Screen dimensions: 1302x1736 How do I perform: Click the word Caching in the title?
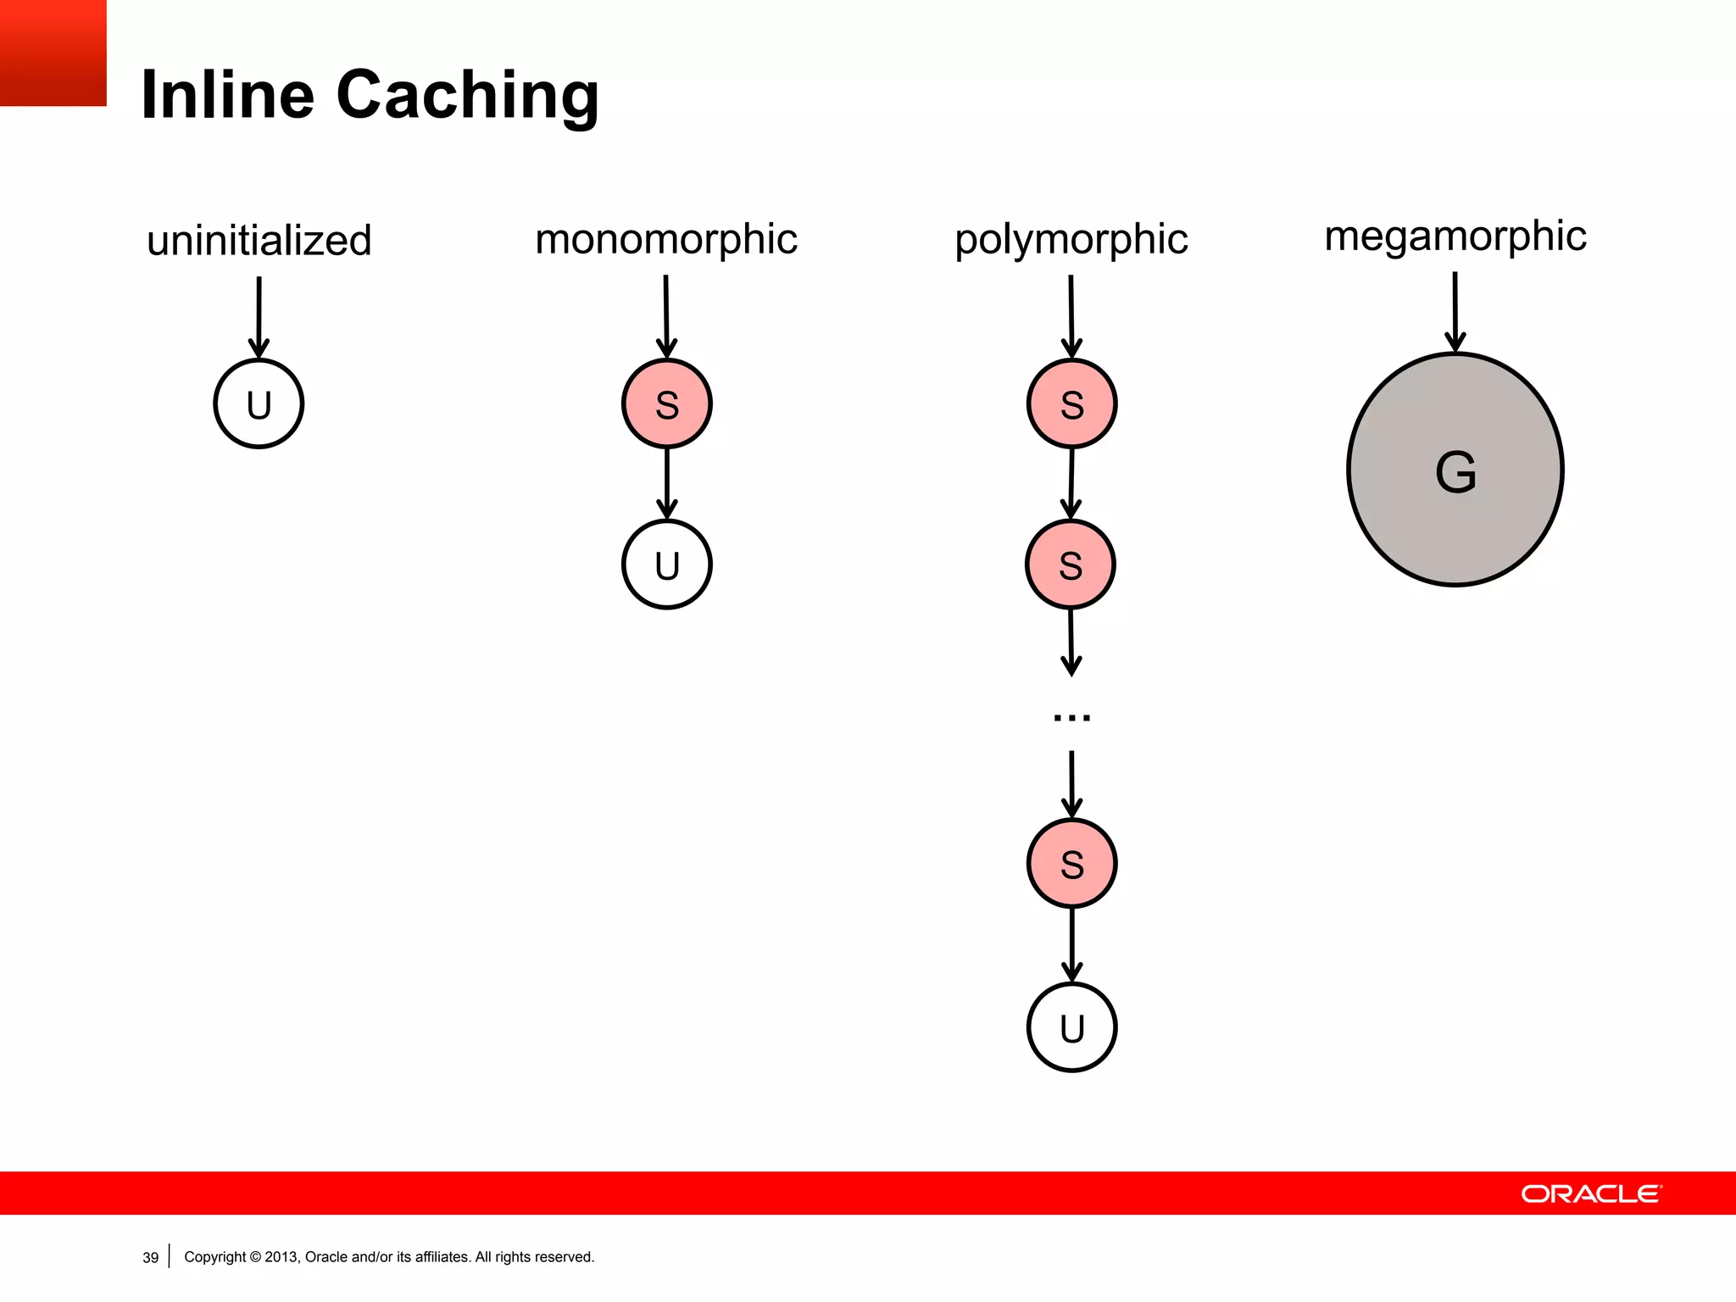(467, 95)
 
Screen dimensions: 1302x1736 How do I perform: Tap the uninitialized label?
(259, 241)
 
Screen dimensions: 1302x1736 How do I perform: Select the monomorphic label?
(666, 239)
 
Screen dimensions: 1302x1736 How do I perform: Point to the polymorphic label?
(1071, 239)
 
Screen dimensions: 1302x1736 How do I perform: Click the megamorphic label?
(1455, 236)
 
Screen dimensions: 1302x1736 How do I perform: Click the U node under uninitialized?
(259, 403)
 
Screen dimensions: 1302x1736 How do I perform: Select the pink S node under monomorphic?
(667, 403)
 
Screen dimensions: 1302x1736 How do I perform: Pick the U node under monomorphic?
(667, 565)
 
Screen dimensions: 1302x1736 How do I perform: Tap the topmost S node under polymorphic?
(1072, 403)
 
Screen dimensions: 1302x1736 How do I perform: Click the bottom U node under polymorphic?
(1072, 1027)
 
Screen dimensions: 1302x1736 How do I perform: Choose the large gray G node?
(1455, 470)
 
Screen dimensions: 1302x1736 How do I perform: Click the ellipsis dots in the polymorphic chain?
(1071, 718)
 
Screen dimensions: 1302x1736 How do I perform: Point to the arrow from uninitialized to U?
(259, 315)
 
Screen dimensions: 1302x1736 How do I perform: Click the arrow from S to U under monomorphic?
(667, 483)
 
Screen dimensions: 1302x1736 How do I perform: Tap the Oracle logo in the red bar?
(1591, 1193)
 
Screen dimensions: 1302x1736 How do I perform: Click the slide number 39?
(151, 1257)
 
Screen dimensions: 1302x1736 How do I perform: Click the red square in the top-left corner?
(53, 53)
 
